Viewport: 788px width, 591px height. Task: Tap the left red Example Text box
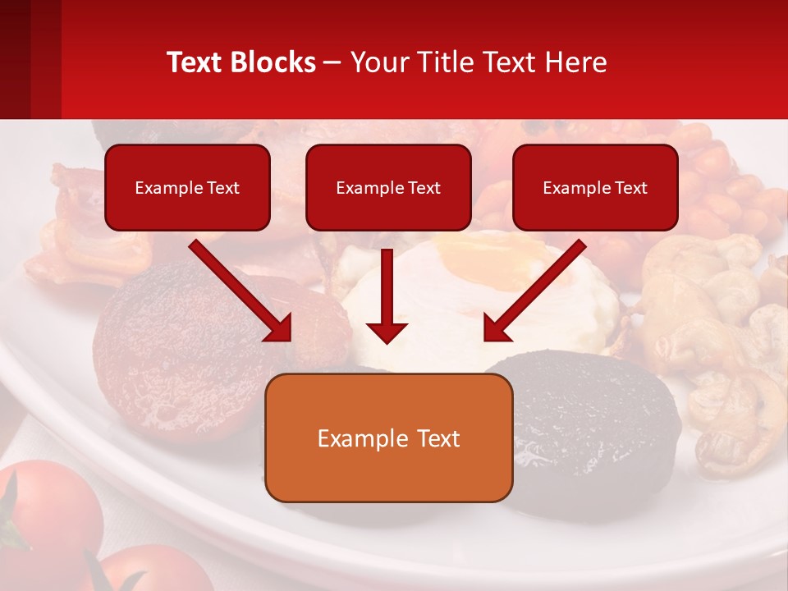pyautogui.click(x=187, y=188)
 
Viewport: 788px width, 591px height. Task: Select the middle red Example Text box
pyautogui.click(x=388, y=188)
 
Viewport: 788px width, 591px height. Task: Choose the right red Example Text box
pyautogui.click(x=595, y=188)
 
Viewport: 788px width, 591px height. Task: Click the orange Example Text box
pyautogui.click(x=389, y=438)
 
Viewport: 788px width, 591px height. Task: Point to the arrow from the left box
pyautogui.click(x=240, y=291)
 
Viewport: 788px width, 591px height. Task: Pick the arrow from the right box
pyautogui.click(x=535, y=291)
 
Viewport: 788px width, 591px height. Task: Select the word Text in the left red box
pyautogui.click(x=222, y=188)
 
